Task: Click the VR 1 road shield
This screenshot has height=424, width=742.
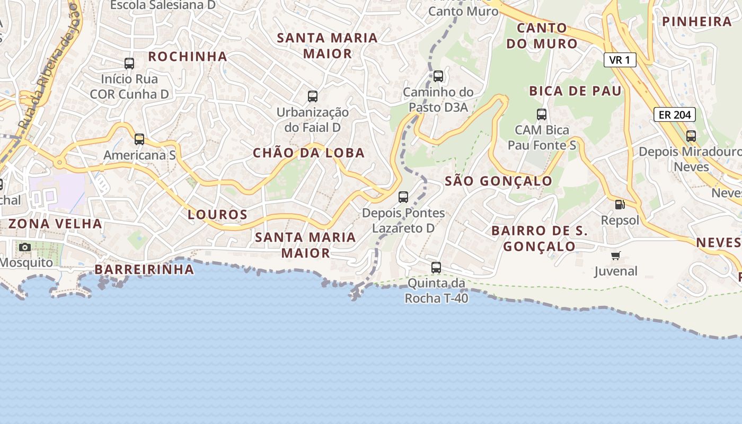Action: click(620, 60)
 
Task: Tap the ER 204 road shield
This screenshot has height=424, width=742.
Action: click(674, 114)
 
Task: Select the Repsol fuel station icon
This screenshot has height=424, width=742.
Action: click(619, 204)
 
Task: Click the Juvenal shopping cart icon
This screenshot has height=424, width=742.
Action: click(615, 256)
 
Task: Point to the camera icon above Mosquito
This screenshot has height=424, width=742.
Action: click(24, 247)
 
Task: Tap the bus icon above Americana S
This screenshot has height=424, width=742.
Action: click(139, 139)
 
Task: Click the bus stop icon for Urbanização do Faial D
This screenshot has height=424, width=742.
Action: click(313, 96)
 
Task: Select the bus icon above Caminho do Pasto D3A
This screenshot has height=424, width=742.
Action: click(438, 76)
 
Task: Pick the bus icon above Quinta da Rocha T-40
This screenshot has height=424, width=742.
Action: click(436, 268)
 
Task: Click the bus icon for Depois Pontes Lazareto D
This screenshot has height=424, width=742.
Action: click(403, 197)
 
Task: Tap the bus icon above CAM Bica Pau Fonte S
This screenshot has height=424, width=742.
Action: click(542, 114)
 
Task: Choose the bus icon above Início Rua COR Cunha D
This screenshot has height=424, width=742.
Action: click(129, 64)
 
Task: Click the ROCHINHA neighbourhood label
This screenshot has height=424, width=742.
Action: click(188, 56)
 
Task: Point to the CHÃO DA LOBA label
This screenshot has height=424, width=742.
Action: click(308, 153)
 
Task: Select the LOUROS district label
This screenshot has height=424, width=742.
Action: click(218, 215)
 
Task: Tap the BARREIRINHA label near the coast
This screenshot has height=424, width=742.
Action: click(145, 269)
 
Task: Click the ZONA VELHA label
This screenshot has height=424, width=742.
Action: click(55, 224)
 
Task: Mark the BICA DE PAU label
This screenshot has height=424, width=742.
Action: click(575, 91)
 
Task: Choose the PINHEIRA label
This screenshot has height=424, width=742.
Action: click(697, 21)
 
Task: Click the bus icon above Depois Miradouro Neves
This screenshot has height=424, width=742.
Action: click(691, 136)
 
